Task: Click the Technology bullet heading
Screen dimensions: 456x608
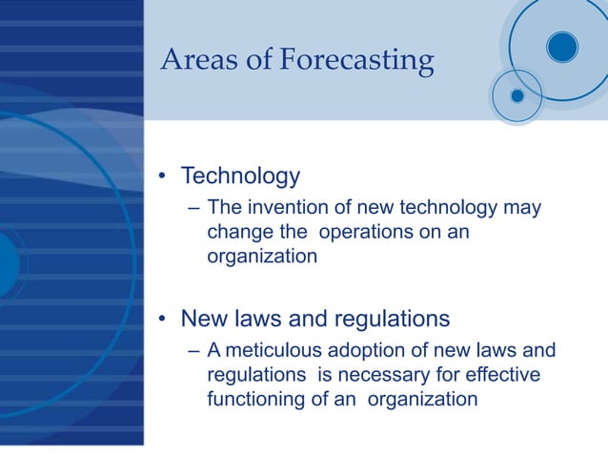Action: click(240, 176)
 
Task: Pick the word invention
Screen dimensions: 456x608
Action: click(286, 208)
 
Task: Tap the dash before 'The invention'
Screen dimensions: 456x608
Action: click(194, 209)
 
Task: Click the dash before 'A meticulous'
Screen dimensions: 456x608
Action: click(194, 351)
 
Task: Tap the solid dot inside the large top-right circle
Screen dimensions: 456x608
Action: click(562, 45)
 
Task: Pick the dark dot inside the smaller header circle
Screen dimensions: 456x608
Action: click(517, 95)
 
